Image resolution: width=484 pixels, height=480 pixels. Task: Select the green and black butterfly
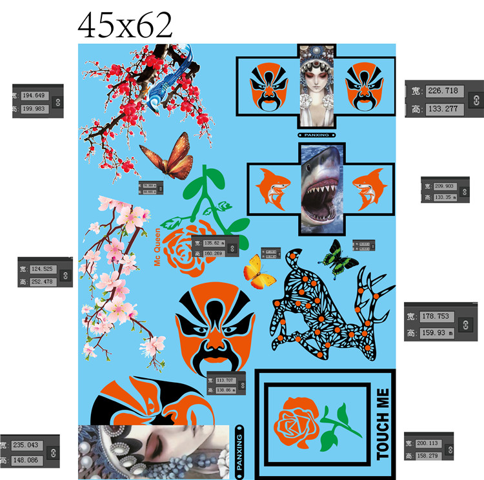(x=340, y=258)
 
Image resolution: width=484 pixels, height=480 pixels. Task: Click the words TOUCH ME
(x=383, y=424)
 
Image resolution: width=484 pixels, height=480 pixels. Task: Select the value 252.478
(x=41, y=282)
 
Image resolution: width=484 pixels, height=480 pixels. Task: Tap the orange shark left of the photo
(x=274, y=187)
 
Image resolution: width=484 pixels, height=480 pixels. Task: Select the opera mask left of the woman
(x=268, y=85)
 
